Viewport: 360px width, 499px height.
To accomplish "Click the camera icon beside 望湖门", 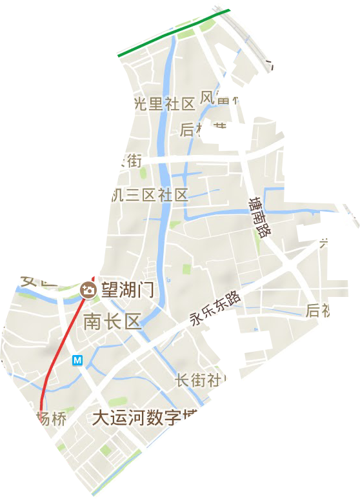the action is [86, 291].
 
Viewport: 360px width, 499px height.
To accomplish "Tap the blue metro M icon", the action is [77, 360].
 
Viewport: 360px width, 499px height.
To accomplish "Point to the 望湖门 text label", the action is [125, 291].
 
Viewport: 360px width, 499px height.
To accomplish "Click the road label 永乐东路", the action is [215, 309].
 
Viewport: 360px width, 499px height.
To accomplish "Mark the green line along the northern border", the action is [174, 33].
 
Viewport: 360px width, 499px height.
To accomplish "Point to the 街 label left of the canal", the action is [131, 159].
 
